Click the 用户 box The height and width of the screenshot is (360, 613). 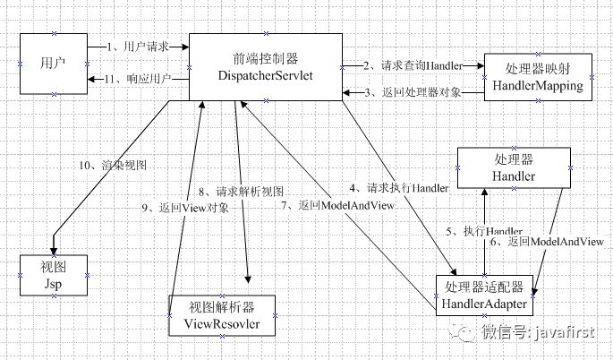[x=52, y=63]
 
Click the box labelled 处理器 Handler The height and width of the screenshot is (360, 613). [x=513, y=167]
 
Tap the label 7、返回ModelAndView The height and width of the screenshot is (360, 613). [x=337, y=205]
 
